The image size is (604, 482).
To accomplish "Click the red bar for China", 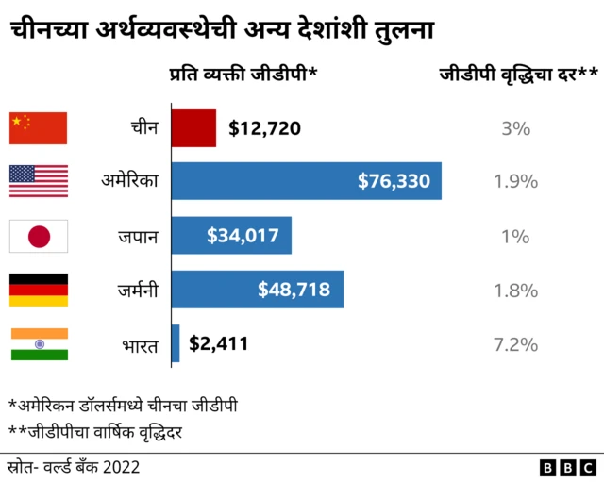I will click(193, 127).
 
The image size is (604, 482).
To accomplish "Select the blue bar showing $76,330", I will click(306, 181).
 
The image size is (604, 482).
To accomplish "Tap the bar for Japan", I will click(230, 235).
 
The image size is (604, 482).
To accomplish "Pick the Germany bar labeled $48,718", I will click(257, 290).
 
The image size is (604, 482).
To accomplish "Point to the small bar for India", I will click(175, 343).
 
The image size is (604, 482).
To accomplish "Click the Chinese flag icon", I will click(39, 127).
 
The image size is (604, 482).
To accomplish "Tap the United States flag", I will click(39, 181).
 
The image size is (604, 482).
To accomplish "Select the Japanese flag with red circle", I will click(39, 236).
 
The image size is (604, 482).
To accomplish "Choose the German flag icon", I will click(39, 290).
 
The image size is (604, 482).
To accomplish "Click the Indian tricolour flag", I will click(39, 343).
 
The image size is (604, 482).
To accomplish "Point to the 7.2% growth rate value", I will click(515, 344).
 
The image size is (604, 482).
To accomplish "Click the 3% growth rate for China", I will click(515, 127).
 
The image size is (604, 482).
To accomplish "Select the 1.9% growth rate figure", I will click(515, 181).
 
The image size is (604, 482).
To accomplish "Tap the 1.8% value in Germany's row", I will click(515, 290).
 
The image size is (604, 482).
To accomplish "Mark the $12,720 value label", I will click(264, 127).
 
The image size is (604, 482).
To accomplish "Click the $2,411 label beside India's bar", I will click(218, 343).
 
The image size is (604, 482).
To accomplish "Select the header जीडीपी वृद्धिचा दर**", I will click(518, 75).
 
